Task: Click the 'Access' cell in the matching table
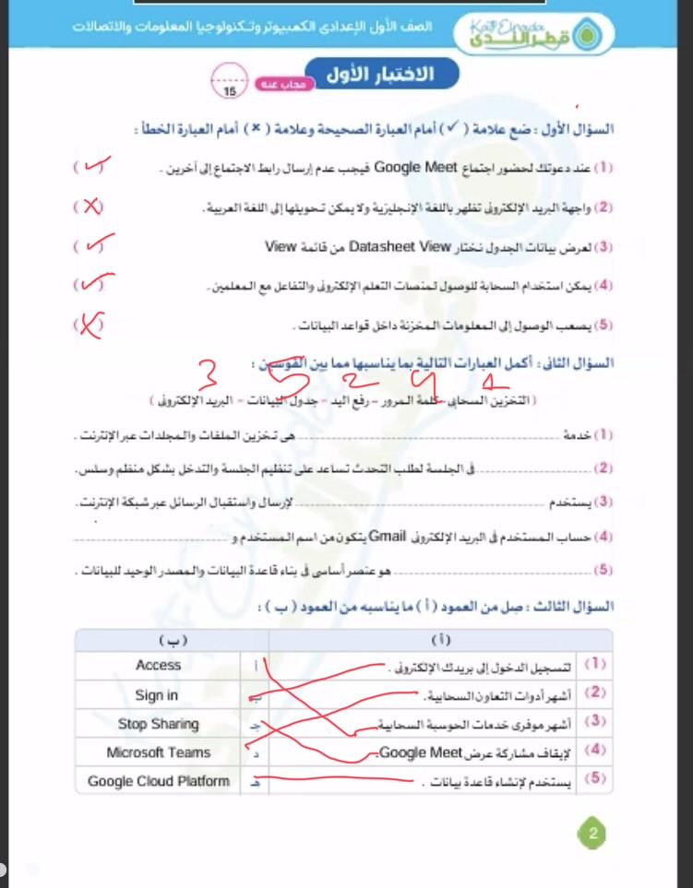point(158,665)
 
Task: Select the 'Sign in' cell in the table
point(157,695)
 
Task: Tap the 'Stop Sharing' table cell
point(158,724)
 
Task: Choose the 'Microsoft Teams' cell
point(158,752)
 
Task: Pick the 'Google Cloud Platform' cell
point(158,781)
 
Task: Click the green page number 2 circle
point(591,835)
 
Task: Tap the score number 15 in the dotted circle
point(228,90)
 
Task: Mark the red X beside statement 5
point(90,325)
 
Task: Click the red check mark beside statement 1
point(95,167)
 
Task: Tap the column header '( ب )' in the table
point(171,638)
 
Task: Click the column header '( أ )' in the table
point(440,638)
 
